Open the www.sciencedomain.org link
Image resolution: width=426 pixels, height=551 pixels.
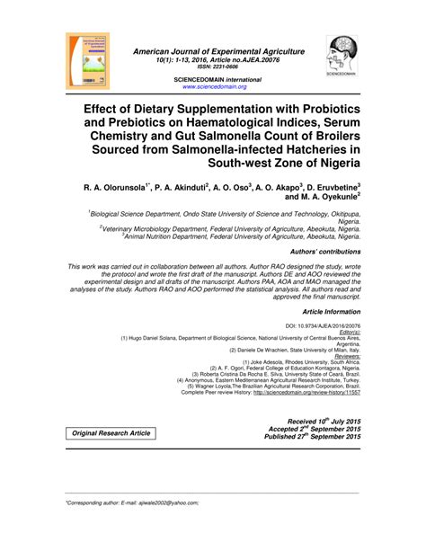214,86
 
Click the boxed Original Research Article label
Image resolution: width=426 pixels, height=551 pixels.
112,433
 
